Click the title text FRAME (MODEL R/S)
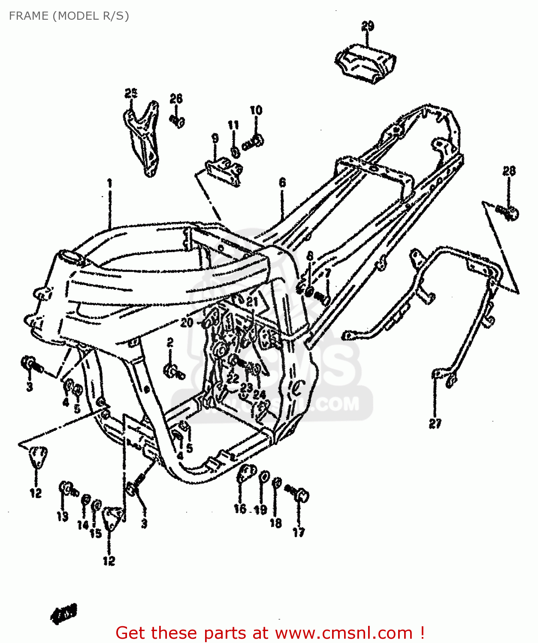tap(69, 16)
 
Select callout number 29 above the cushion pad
tap(367, 26)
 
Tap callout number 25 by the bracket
tap(131, 93)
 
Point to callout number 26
tap(176, 99)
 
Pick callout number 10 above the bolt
tap(256, 110)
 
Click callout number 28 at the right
tap(509, 171)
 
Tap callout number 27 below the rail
tap(435, 424)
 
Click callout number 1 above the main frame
tap(109, 183)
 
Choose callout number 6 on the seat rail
tap(282, 183)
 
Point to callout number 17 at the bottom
tap(299, 532)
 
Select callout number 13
tap(63, 517)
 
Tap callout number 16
tap(240, 508)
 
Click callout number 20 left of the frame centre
tap(187, 322)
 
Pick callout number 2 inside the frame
tap(170, 342)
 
